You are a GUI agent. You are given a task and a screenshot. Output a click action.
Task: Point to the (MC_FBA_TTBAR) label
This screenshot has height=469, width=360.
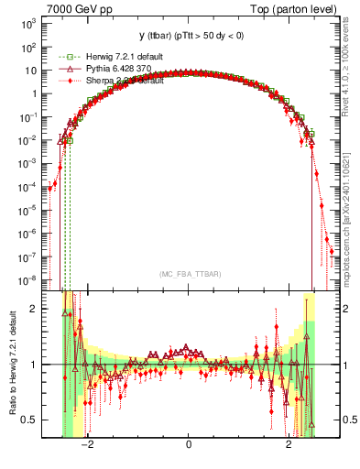[188, 275]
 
